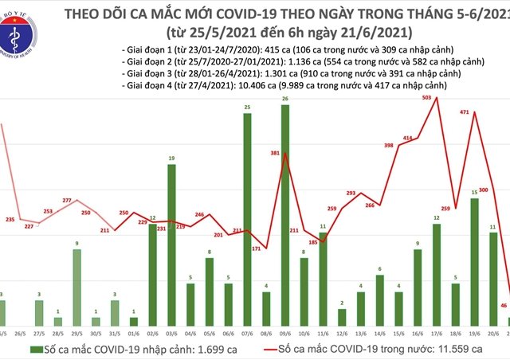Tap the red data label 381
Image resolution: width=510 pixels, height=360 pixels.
tap(276, 154)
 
